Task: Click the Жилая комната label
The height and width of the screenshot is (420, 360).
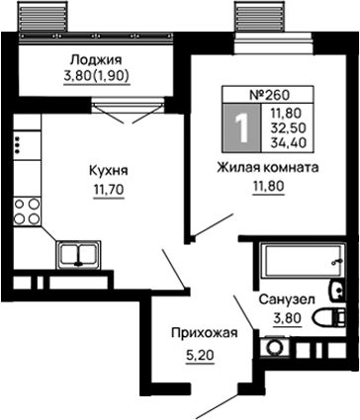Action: (268, 168)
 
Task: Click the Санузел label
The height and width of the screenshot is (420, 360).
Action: (287, 298)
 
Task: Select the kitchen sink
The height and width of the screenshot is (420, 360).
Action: (76, 255)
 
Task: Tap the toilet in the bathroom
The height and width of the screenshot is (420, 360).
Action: (325, 319)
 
